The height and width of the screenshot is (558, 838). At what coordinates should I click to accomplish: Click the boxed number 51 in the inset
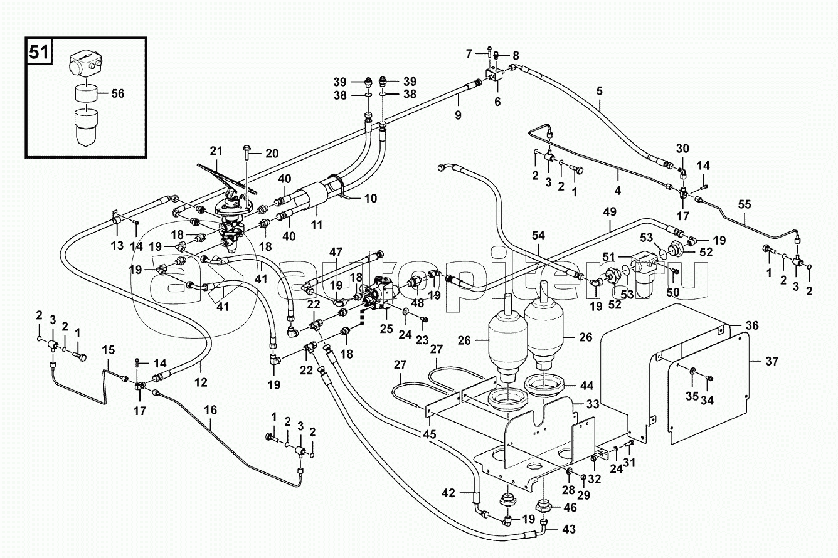coord(39,52)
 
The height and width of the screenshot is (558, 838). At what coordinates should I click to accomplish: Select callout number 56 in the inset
coord(118,93)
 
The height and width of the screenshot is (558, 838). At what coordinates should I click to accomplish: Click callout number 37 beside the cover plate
coord(772,361)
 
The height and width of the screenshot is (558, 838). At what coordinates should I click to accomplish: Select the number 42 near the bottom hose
coord(448,493)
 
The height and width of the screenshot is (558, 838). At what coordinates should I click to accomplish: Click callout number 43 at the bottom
coord(568,529)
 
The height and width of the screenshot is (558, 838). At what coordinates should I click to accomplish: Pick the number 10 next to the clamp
coord(370,198)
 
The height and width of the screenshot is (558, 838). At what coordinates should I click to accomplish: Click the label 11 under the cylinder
coord(317,225)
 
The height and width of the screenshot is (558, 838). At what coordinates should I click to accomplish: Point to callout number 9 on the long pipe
coord(459,115)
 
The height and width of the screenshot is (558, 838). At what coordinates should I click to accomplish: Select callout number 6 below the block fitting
coord(497,102)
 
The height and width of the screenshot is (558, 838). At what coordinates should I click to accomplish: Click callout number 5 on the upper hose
coord(600,91)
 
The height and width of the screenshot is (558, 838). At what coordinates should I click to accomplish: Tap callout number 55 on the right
coord(745,204)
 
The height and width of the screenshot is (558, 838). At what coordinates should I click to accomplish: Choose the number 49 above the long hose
coord(610,212)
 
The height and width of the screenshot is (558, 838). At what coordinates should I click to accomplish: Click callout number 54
coord(538,236)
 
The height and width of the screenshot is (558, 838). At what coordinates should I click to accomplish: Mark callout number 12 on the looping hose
coord(201,382)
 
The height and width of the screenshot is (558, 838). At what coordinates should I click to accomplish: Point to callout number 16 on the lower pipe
coord(210,410)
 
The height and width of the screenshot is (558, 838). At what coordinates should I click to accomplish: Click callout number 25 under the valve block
coord(386,329)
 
